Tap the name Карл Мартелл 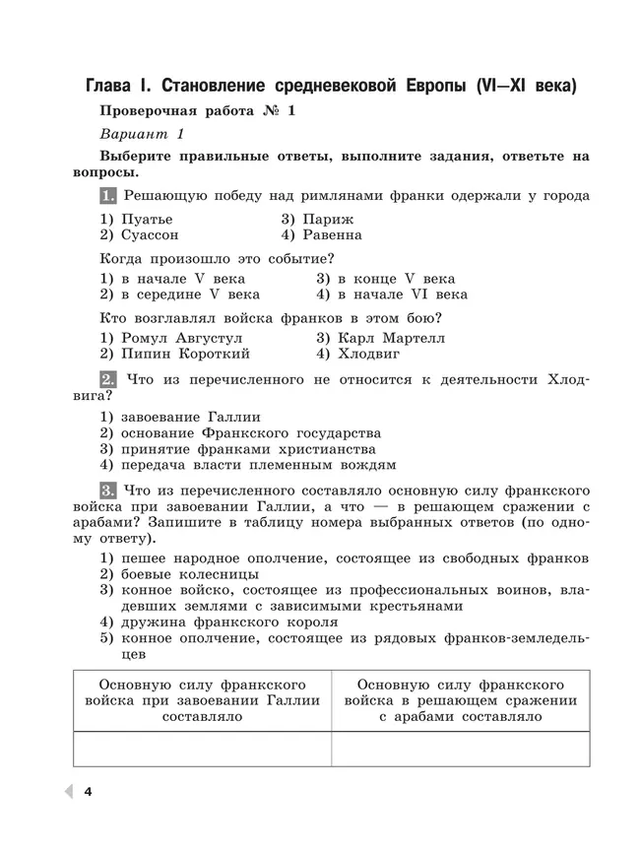point(380,337)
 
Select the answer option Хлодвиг point(368,354)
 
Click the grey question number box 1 point(108,195)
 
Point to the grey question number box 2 point(108,379)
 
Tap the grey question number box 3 point(108,489)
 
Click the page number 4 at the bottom point(89,792)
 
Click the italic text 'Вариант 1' point(142,134)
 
